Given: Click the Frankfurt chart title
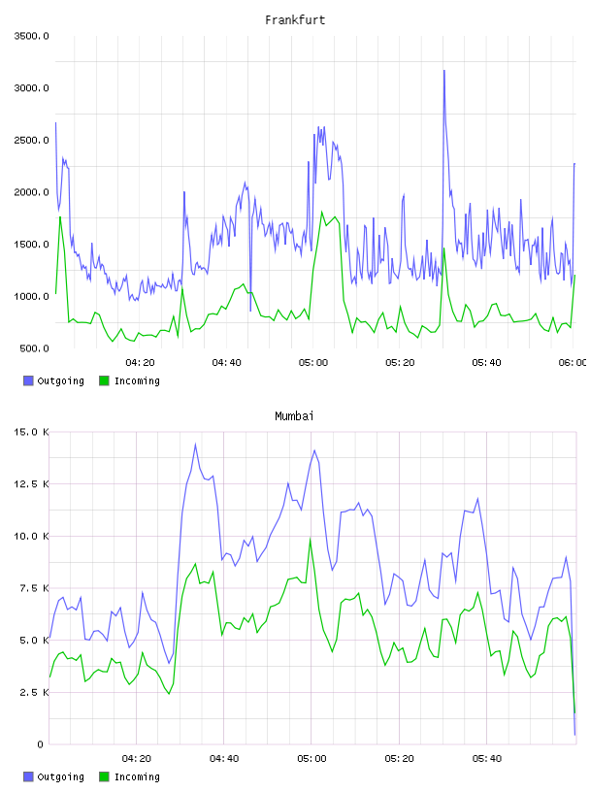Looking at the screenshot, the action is (295, 20).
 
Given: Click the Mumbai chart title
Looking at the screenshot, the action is (294, 416).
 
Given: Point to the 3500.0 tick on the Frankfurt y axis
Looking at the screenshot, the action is (31, 36).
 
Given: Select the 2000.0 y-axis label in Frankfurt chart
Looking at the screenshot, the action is (31, 192).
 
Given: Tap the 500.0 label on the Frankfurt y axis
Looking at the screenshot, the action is (34, 348).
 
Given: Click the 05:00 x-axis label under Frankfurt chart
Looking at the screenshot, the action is (313, 363).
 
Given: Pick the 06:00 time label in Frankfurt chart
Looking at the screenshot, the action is (573, 363).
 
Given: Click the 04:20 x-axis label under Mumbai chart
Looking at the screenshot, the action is (137, 759).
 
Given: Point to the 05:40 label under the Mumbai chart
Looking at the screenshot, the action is (487, 759).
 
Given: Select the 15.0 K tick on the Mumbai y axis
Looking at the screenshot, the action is (31, 432).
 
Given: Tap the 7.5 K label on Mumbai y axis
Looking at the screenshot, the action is (34, 588).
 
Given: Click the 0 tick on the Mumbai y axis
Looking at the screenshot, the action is (41, 744).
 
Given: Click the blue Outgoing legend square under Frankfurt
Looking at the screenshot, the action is (28, 380).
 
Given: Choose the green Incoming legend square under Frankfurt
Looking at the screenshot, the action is (104, 380).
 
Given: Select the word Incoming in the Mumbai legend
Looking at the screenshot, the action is (137, 776).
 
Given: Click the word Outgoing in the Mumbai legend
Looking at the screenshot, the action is (60, 776).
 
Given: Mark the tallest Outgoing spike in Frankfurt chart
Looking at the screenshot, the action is (444, 71).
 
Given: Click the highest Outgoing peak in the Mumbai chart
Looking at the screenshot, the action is (195, 445).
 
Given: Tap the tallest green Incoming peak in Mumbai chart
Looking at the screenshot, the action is (311, 539).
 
